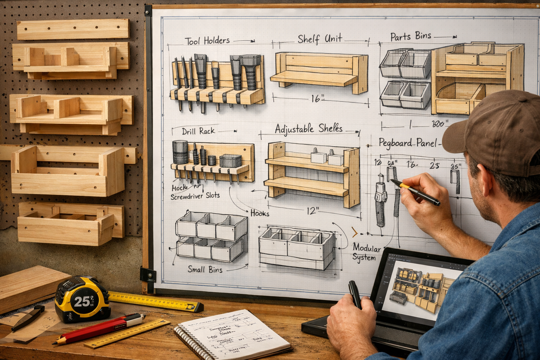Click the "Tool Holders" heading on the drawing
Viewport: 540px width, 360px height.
207,41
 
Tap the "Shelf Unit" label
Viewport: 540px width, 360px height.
320,38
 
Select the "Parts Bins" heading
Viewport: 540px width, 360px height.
411,37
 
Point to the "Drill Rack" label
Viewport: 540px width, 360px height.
198,131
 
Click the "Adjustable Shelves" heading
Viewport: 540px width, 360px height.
308,129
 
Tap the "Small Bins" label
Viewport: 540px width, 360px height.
205,269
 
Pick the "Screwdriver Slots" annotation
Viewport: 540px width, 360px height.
195,196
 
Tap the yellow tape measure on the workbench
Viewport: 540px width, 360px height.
83,299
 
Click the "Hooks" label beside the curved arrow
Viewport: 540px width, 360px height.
260,213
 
